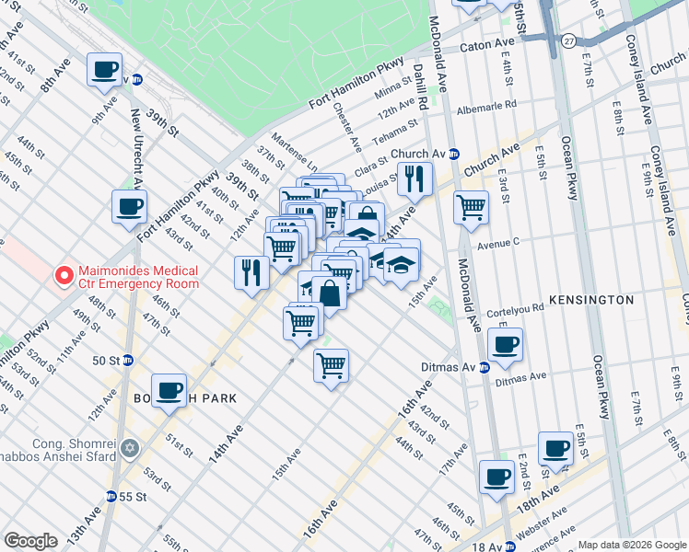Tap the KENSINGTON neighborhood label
click(590, 300)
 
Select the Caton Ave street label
click(487, 43)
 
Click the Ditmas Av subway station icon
click(484, 367)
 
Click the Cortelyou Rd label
click(515, 310)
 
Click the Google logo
click(31, 540)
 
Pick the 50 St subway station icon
click(128, 360)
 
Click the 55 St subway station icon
click(111, 496)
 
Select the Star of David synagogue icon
click(130, 448)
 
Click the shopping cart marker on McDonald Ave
click(471, 207)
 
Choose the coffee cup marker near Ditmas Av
click(504, 345)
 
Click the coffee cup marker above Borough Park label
click(169, 390)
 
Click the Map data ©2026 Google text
click(632, 544)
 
